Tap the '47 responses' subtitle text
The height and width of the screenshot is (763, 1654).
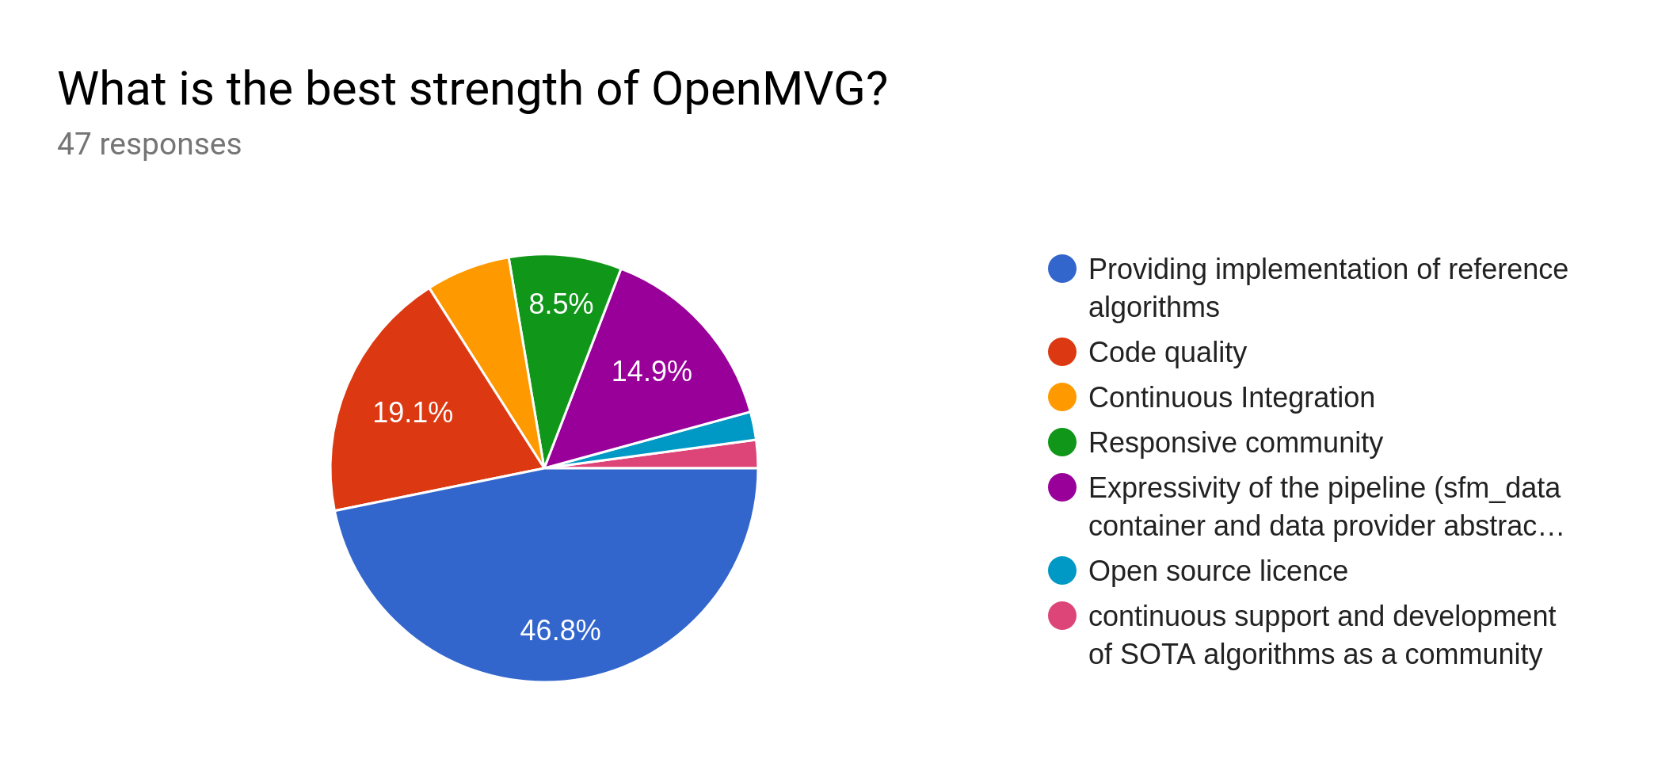[x=149, y=144]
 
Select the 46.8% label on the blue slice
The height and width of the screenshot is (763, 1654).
[x=560, y=631]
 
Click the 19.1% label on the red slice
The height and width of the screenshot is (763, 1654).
[x=413, y=413]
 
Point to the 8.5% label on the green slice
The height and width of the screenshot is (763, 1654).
[x=561, y=304]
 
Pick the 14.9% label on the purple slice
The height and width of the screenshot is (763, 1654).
[x=651, y=372]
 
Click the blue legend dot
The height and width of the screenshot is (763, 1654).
[x=1062, y=269]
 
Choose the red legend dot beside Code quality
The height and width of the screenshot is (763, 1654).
[x=1062, y=352]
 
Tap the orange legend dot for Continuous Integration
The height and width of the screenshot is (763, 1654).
[x=1062, y=397]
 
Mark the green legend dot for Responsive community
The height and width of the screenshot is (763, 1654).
[x=1062, y=442]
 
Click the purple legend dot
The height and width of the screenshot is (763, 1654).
[x=1062, y=487]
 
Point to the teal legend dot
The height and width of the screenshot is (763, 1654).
[x=1062, y=570]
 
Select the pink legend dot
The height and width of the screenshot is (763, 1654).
[x=1062, y=616]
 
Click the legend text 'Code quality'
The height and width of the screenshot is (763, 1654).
[x=1167, y=353]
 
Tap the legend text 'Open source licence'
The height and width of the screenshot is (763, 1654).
[x=1218, y=571]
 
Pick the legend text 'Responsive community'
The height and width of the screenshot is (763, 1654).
[x=1235, y=443]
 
